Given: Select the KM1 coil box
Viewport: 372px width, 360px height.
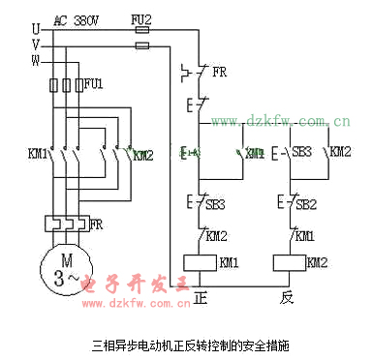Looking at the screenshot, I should pyautogui.click(x=199, y=262).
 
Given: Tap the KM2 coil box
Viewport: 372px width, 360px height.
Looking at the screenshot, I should pyautogui.click(x=289, y=262).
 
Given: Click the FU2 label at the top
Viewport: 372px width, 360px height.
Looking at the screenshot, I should pyautogui.click(x=141, y=18).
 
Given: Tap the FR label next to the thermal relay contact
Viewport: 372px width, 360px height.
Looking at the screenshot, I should pyautogui.click(x=219, y=72).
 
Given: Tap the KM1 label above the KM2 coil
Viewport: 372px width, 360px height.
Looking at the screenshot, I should pyautogui.click(x=304, y=235).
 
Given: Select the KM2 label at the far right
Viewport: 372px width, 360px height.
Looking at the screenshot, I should pyautogui.click(x=340, y=152).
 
